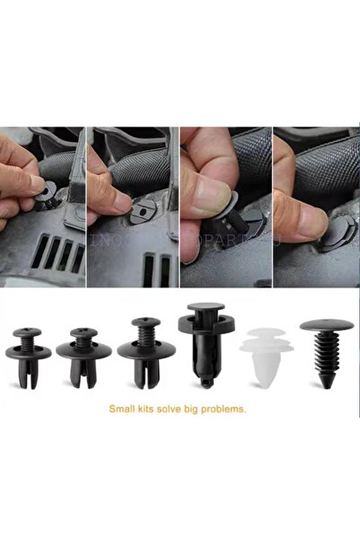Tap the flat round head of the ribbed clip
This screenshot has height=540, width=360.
321,324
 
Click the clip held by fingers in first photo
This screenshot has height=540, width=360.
40,190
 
